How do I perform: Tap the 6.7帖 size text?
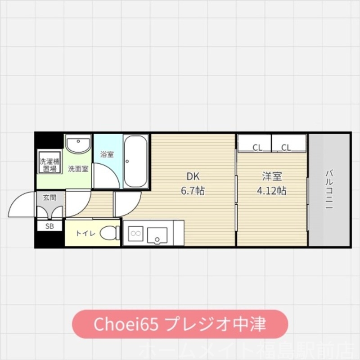[x=193, y=191]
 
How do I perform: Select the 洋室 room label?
[x=271, y=176]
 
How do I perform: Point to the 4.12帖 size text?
[x=271, y=191]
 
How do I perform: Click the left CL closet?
[x=255, y=144]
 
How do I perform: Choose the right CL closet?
[x=289, y=144]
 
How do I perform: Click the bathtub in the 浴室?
[x=135, y=161]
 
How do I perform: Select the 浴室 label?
[x=107, y=154]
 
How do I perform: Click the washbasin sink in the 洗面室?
[x=78, y=145]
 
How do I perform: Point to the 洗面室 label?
[x=78, y=169]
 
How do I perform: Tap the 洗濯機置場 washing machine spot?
[x=49, y=165]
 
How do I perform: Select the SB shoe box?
[x=49, y=226]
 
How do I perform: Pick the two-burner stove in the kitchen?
[x=135, y=233]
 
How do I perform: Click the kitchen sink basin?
[x=157, y=234]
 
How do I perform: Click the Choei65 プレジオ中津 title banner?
[x=180, y=324]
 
